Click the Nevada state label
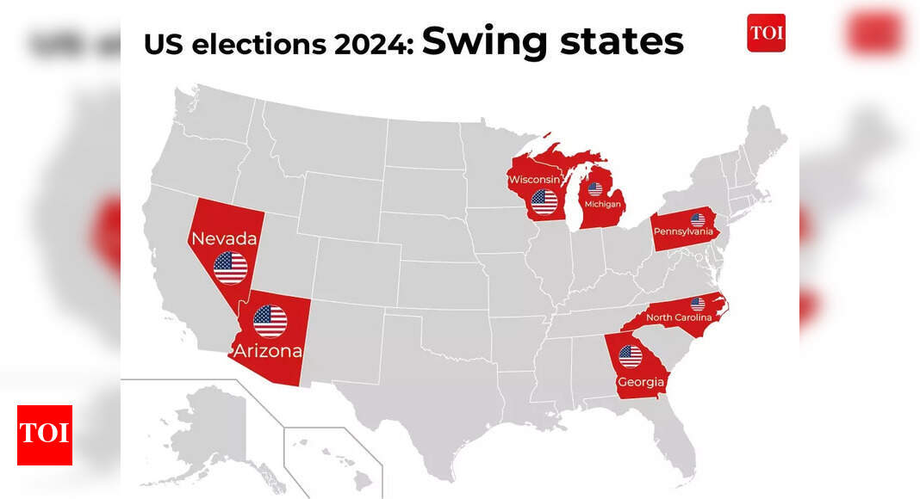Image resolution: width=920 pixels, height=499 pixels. tap(222, 238)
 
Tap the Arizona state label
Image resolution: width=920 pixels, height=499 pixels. tap(267, 351)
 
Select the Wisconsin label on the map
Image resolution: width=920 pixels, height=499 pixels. tap(535, 180)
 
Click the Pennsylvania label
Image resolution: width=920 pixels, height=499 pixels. tap(683, 231)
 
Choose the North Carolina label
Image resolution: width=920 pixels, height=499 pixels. tap(679, 317)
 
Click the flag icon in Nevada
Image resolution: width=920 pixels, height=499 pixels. tap(230, 268)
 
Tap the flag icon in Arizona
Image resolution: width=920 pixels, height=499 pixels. tap(270, 321)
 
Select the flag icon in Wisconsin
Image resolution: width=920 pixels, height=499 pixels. tap(544, 202)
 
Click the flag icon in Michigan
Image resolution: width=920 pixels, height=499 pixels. tap(594, 188)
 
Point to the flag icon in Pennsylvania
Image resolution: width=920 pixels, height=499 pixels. tap(698, 219)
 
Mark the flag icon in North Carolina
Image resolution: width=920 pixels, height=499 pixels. tap(697, 304)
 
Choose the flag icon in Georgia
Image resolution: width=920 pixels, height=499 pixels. tap(631, 356)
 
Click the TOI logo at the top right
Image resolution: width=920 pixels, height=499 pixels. tap(766, 33)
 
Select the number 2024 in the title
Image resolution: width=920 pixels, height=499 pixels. tap(372, 44)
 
